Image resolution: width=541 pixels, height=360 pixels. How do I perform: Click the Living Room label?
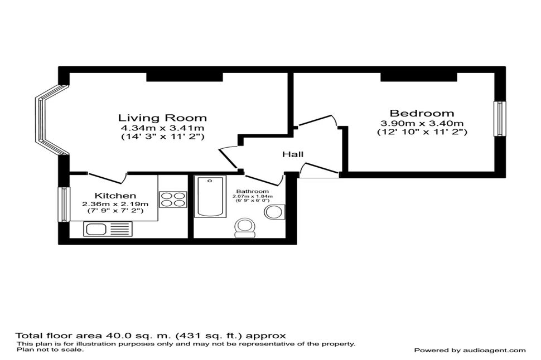(162, 118)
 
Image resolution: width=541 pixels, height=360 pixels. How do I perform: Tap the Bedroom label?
(422, 113)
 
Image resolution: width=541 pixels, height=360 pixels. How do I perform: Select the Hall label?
(293, 154)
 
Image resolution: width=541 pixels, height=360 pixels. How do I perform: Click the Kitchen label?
(115, 196)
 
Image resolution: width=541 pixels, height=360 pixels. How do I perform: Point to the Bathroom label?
(252, 191)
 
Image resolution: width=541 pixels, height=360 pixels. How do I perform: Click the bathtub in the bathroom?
(210, 197)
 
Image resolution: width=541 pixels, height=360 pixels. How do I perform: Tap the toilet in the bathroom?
(245, 228)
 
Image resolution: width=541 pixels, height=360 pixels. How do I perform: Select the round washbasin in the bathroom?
(274, 212)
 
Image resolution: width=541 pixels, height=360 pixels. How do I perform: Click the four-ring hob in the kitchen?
(173, 200)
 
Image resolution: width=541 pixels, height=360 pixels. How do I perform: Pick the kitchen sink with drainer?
(108, 229)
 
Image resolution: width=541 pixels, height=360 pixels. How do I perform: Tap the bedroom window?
(500, 119)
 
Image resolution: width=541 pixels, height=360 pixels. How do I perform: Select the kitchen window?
(64, 204)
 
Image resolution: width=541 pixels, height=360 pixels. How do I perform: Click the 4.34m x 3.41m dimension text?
(162, 128)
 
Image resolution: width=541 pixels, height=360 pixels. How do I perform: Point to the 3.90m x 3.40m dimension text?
(422, 123)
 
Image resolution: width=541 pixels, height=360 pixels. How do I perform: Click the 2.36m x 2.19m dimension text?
(115, 204)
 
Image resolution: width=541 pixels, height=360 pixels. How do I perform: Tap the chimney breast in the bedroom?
(419, 77)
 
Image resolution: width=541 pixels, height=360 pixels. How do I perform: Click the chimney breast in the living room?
(185, 77)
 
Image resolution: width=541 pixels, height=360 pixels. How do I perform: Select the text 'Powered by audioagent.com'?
(470, 351)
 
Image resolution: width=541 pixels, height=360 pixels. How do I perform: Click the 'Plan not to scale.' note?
(50, 349)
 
